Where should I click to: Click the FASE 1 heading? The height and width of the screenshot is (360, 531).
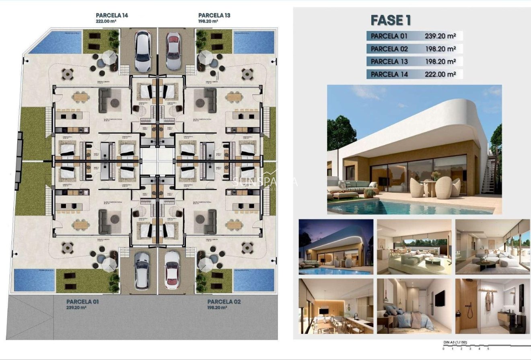click(390, 20)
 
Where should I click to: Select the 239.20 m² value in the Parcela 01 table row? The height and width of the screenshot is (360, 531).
click(440, 36)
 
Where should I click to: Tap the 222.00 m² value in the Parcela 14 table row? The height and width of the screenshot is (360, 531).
click(440, 74)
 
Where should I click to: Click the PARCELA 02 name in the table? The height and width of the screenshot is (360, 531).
click(389, 49)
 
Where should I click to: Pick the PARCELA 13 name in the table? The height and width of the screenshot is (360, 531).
click(389, 62)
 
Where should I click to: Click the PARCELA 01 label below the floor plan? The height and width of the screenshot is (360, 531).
click(82, 302)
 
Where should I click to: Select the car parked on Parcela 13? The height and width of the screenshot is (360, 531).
click(173, 45)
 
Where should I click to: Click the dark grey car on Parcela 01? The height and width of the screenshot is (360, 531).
click(142, 270)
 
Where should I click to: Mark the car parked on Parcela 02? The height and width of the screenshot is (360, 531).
click(172, 270)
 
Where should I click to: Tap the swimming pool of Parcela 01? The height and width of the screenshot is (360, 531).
click(34, 280)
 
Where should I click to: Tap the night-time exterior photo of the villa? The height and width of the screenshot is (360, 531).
click(336, 247)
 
